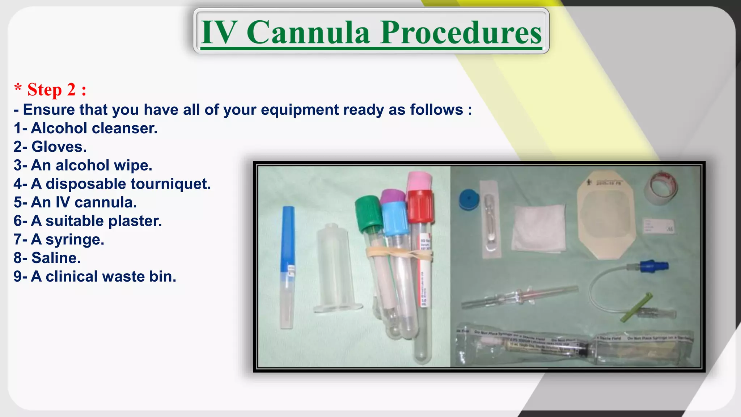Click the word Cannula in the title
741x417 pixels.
pos(308,33)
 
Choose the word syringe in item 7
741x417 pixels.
pos(74,240)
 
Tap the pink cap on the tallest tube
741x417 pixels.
pos(419,181)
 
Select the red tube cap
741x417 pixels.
pos(420,206)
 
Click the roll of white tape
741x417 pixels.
pos(661,188)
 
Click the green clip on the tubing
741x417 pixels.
pos(636,308)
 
